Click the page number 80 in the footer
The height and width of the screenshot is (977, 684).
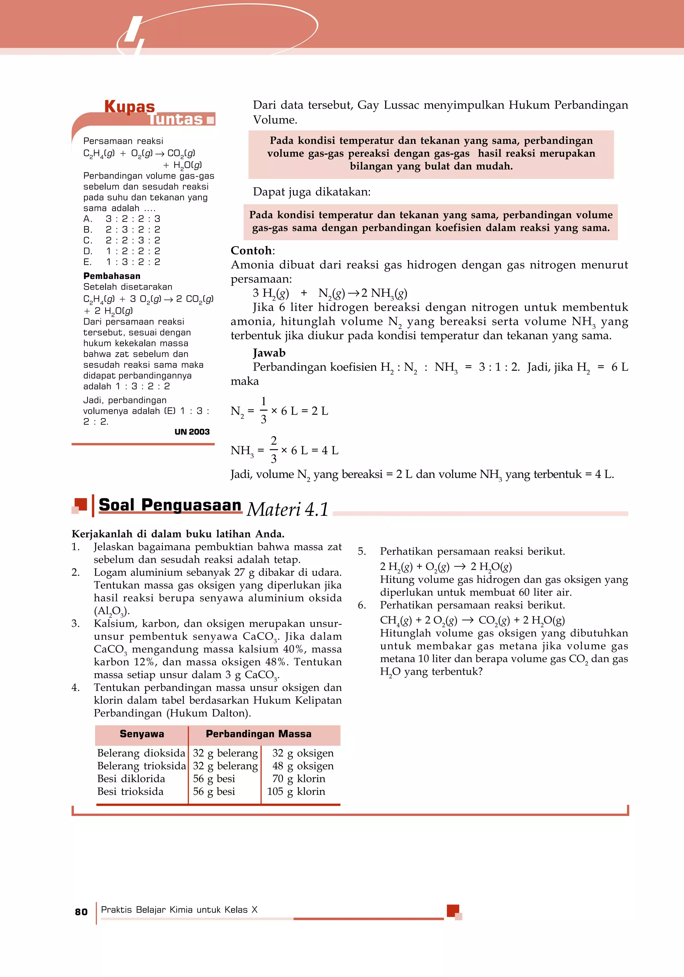(81, 912)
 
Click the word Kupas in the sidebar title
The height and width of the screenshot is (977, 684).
(130, 106)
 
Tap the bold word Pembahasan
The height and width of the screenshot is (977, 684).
(112, 276)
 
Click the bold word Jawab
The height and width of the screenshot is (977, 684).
(269, 352)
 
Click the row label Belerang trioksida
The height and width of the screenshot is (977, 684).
(141, 766)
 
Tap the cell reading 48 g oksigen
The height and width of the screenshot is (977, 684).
(303, 766)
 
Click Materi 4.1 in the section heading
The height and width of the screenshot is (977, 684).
(288, 509)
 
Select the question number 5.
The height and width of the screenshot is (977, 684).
(362, 551)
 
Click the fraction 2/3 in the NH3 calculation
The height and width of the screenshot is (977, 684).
(274, 449)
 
